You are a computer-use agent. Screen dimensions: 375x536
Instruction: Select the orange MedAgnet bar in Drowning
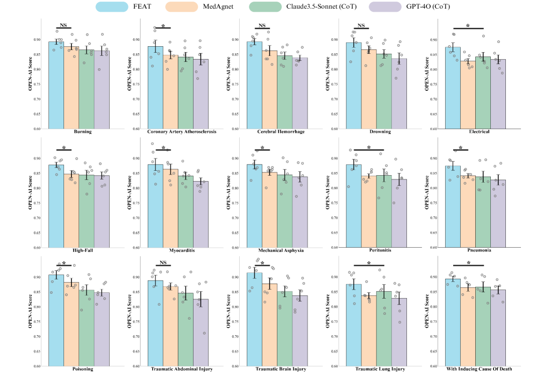[369, 89]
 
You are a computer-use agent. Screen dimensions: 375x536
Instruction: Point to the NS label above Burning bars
[63, 25]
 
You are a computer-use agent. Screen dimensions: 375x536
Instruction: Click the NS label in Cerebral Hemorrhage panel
[262, 25]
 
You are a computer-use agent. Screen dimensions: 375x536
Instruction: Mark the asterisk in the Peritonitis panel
[369, 147]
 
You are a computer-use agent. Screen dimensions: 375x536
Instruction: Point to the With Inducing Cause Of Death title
[468, 370]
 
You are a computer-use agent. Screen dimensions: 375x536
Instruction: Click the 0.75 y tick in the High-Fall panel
[41, 203]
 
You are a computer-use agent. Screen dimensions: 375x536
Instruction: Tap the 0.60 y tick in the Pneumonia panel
[439, 248]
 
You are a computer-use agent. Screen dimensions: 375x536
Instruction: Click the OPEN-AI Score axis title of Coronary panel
[130, 76]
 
